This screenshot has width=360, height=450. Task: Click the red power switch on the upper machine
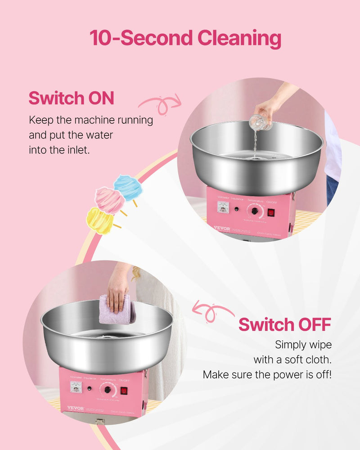pos(271,212)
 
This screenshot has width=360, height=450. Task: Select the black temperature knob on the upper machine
pos(255,211)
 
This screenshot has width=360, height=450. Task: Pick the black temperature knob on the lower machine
pos(108,390)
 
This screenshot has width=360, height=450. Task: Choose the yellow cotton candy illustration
pos(99,221)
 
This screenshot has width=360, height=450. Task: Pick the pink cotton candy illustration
pos(109,201)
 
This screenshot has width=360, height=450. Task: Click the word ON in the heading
pos(100,98)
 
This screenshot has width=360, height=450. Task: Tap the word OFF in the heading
pos(314,324)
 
